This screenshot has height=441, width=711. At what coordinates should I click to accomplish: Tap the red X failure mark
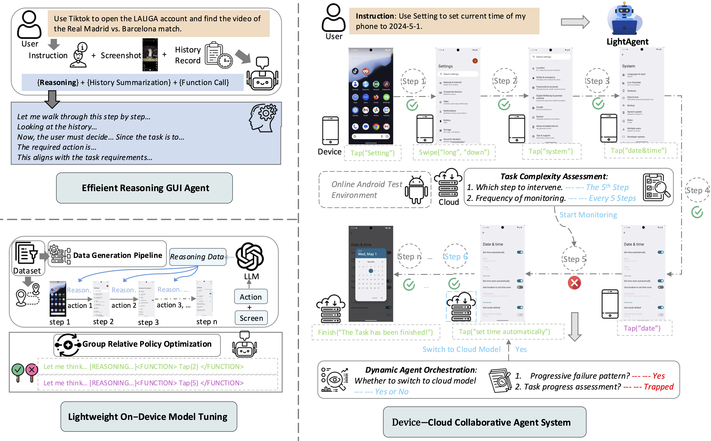[574, 283]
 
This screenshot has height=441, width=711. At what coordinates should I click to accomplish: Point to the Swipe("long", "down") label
[454, 152]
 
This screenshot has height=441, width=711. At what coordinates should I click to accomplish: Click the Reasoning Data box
[198, 257]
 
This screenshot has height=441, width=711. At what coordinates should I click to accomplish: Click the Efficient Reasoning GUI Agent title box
[144, 188]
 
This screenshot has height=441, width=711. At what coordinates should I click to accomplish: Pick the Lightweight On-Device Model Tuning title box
[148, 417]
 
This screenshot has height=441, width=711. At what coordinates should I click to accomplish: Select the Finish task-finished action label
[375, 332]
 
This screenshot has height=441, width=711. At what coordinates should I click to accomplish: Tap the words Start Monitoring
[588, 215]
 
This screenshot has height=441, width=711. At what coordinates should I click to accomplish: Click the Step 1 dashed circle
[413, 81]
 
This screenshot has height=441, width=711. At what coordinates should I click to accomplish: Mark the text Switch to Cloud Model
[461, 349]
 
